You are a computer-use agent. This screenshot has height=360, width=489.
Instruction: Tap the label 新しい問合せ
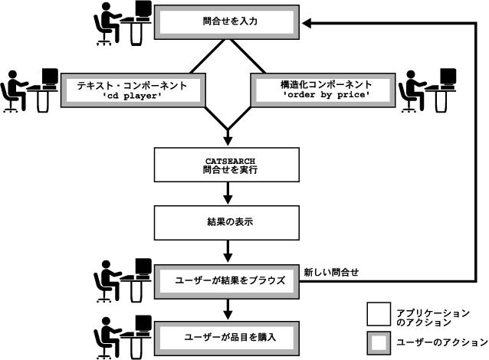pyautogui.click(x=332, y=271)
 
